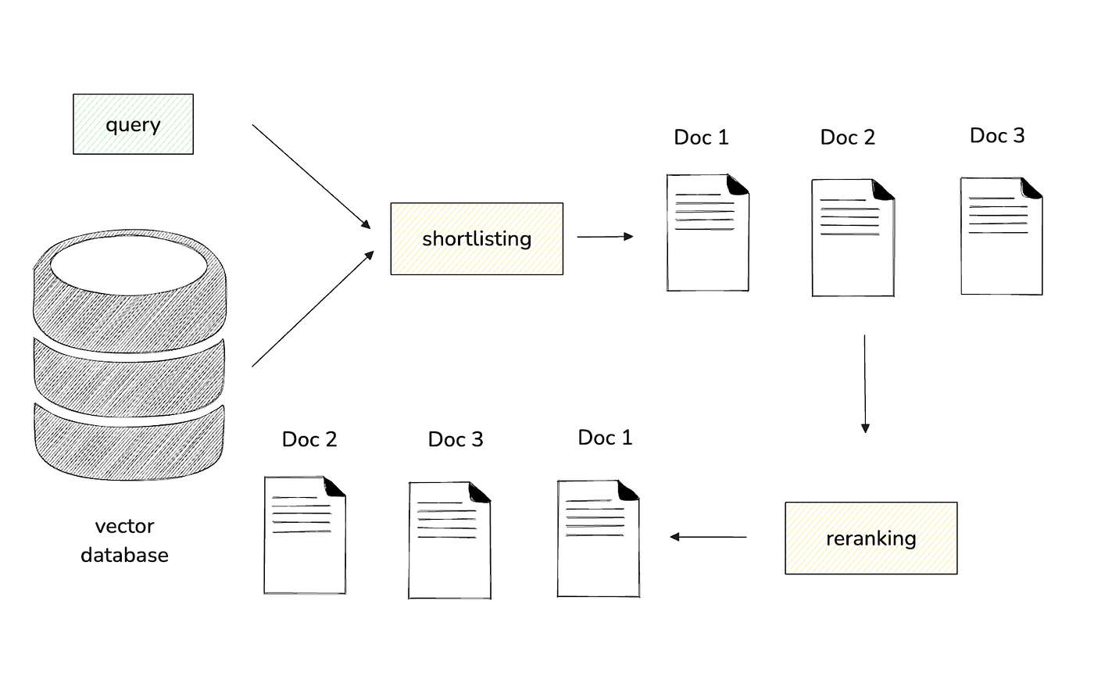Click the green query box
134,124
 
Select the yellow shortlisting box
477,239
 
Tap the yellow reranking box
871,538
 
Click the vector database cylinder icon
130,355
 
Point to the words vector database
124,541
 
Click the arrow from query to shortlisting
311,177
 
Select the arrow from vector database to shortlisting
313,309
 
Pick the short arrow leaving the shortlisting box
605,237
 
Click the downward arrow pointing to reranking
865,384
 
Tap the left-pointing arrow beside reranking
708,537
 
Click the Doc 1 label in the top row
702,138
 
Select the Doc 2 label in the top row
848,138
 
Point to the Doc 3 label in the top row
997,135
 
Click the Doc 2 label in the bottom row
309,439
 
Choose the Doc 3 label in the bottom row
456,439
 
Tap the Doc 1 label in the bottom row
605,437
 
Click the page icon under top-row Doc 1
708,232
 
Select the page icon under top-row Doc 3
1002,236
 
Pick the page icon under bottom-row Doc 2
306,535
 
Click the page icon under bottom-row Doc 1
599,538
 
